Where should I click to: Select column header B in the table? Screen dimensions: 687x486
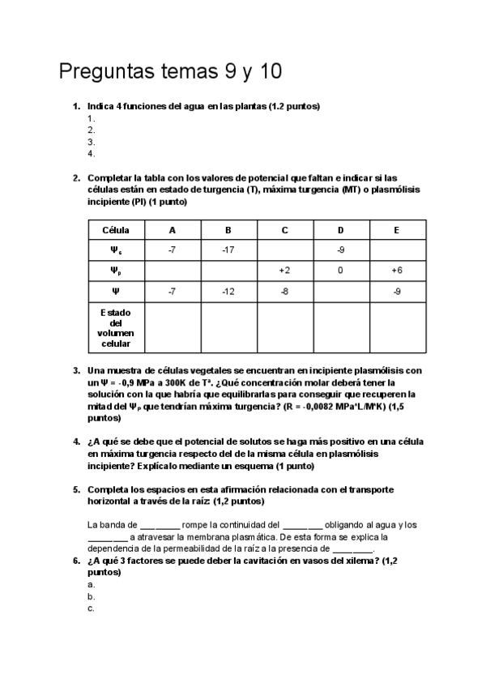click(228, 230)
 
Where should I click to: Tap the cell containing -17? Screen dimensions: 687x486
click(228, 250)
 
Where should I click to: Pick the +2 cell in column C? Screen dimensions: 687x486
click(284, 271)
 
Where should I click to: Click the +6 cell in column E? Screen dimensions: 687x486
click(397, 271)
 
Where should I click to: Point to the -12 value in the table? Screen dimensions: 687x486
click(228, 291)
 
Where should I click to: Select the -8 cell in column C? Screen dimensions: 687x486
click(284, 291)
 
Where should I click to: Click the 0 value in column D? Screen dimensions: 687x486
click(340, 271)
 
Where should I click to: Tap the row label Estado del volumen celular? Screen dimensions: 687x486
click(116, 328)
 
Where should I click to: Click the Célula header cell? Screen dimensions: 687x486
click(116, 230)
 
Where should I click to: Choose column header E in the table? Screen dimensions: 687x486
click(397, 230)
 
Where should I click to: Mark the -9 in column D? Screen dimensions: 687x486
click(340, 250)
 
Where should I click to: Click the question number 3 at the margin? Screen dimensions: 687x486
click(75, 370)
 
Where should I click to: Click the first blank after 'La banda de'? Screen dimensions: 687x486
click(160, 524)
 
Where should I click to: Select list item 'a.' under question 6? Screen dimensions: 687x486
click(92, 584)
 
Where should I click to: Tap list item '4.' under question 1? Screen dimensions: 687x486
click(92, 153)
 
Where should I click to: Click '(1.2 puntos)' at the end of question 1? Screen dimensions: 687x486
click(294, 106)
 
